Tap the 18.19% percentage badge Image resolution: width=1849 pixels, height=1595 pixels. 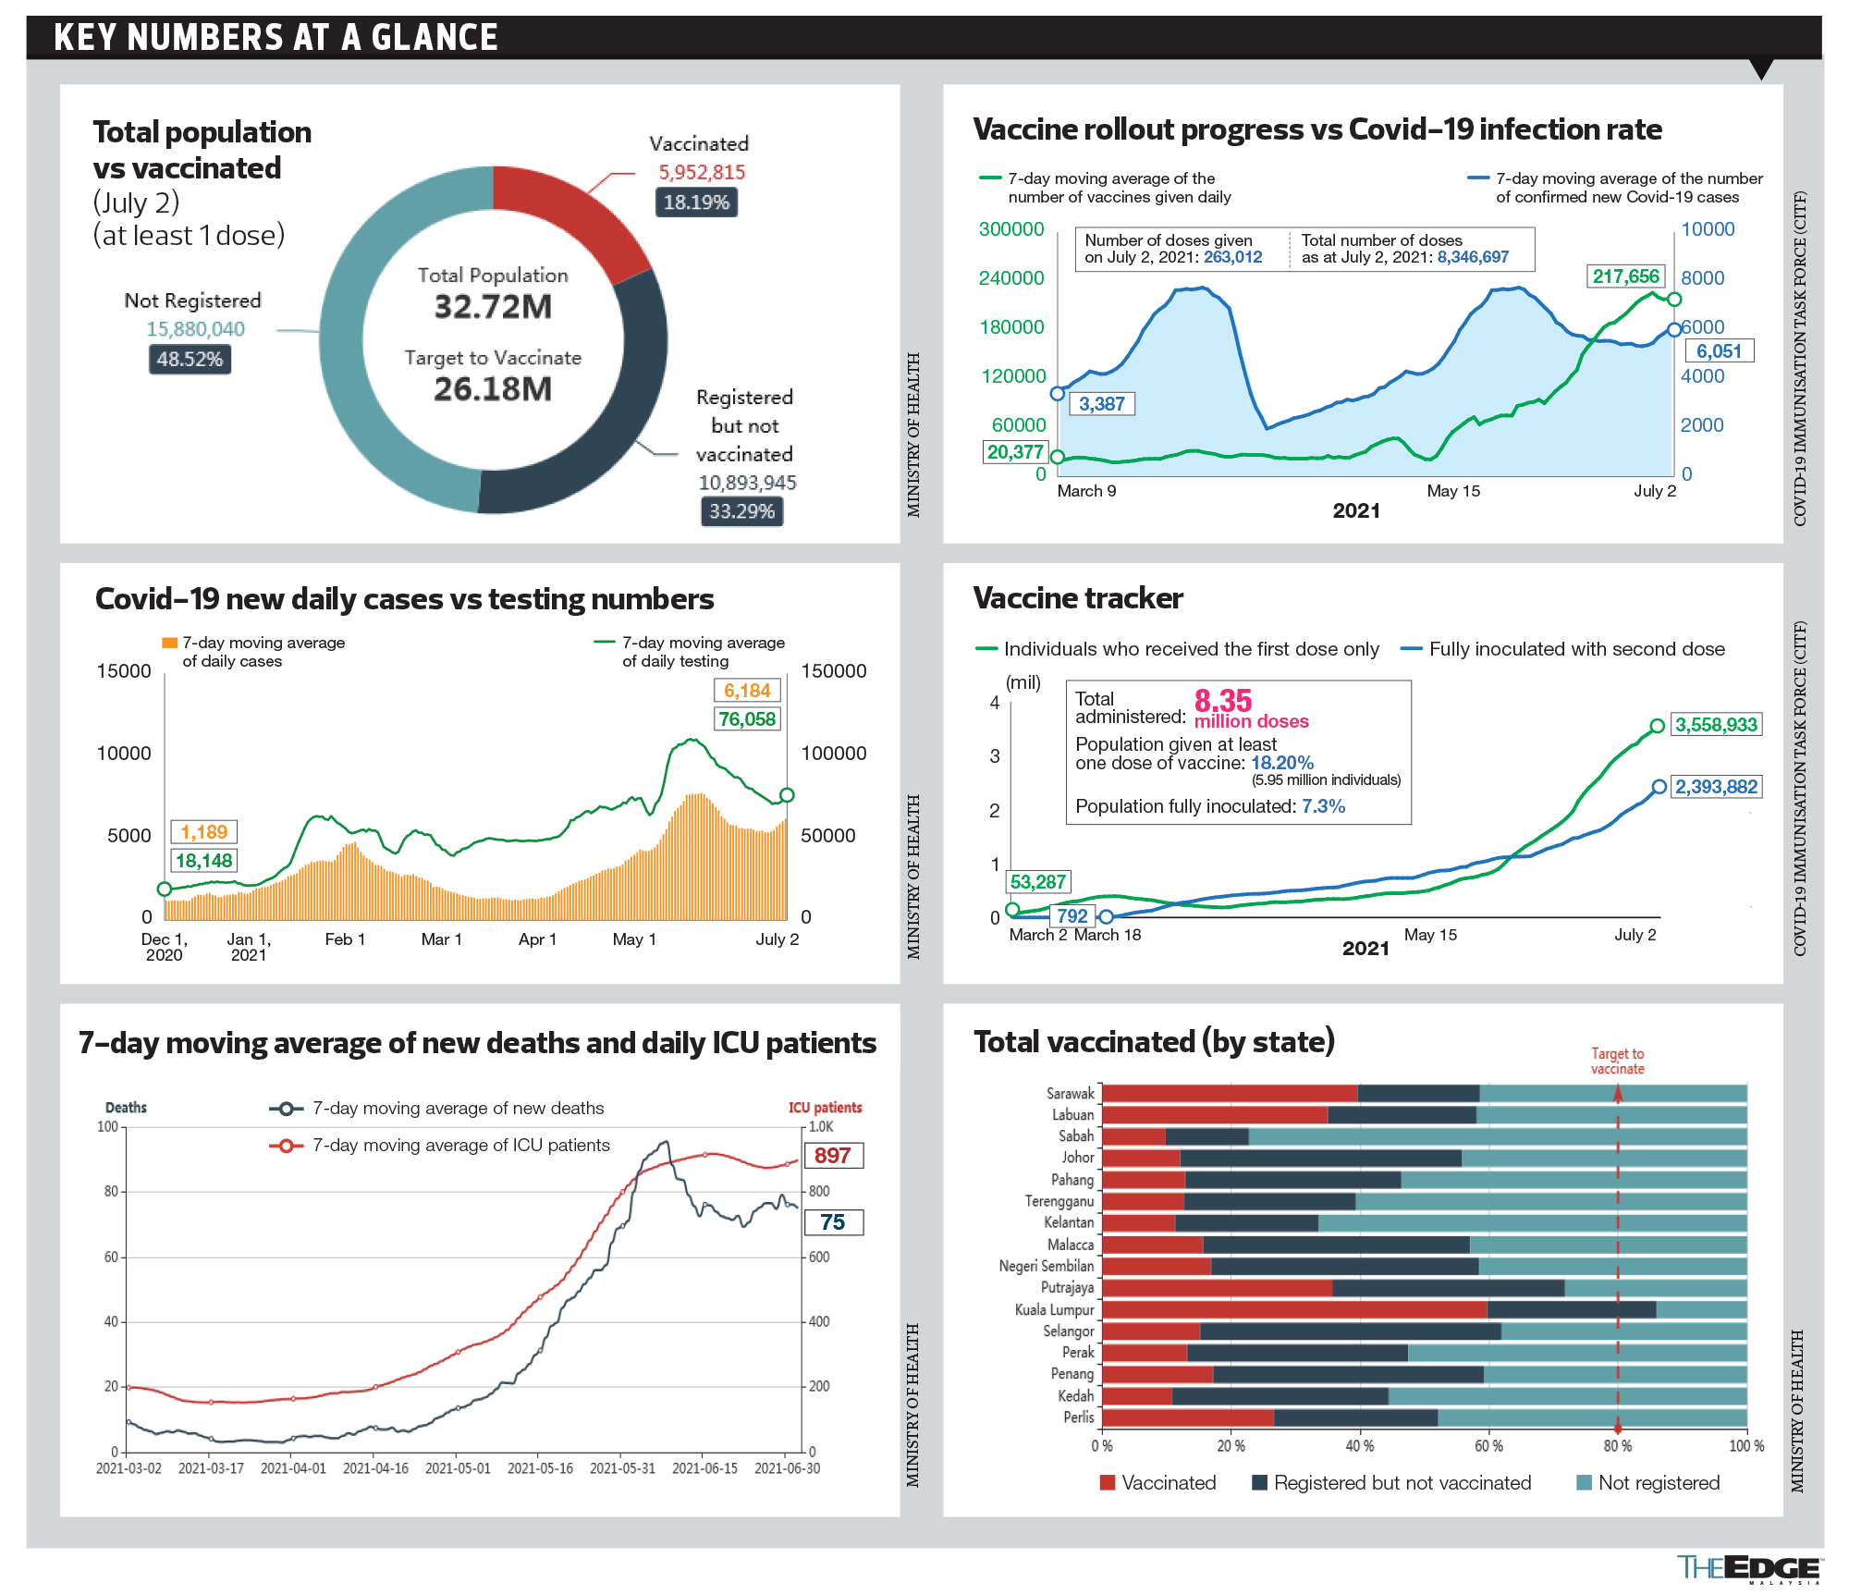coord(696,202)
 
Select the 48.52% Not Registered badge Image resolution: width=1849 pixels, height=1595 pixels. coord(190,359)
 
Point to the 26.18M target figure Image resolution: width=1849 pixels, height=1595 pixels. coord(493,389)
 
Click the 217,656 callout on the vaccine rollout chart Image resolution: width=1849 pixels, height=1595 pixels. coord(1625,276)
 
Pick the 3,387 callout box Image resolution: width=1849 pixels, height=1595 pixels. coord(1101,404)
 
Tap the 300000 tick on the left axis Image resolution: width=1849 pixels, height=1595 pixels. coord(1011,229)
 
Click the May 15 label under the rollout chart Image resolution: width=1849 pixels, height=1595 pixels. coord(1453,491)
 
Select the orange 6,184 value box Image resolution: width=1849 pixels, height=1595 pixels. coord(747,691)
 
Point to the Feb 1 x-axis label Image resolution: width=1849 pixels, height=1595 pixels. coord(345,939)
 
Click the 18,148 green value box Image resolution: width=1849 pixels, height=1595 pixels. coord(203,861)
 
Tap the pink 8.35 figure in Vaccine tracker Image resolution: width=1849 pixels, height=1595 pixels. coord(1222,701)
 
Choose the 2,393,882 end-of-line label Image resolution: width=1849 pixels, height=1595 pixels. coord(1716,787)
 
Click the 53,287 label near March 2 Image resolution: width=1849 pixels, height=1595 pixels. coord(1037,882)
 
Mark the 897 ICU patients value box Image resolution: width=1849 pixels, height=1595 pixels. coord(833,1156)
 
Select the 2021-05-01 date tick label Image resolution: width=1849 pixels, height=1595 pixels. coord(458,1468)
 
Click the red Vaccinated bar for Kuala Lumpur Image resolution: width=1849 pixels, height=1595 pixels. coord(1294,1309)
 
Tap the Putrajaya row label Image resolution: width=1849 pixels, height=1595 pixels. coord(1067,1288)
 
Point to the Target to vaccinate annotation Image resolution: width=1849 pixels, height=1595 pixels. coord(1617,1061)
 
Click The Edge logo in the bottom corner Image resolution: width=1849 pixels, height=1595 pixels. coord(1747,1568)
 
